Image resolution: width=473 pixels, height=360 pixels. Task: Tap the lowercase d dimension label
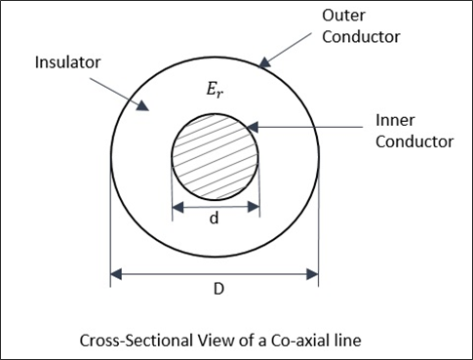[215, 220]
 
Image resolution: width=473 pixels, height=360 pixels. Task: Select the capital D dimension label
[216, 290]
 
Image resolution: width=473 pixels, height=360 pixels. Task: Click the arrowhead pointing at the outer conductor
[263, 64]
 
